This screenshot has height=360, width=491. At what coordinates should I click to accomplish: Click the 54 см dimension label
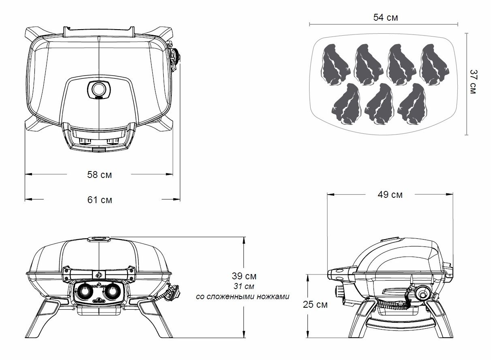(x=385, y=17)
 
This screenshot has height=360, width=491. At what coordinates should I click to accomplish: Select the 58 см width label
(x=99, y=175)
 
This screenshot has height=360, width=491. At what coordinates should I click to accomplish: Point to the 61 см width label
(x=99, y=199)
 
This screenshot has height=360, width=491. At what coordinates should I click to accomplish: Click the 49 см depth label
(x=390, y=195)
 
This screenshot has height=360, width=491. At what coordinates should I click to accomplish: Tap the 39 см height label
(x=244, y=276)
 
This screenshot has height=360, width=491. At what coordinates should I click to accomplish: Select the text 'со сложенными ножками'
(x=242, y=296)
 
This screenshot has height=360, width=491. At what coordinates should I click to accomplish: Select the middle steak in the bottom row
(x=379, y=104)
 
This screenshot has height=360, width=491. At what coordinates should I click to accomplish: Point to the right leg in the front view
(x=156, y=318)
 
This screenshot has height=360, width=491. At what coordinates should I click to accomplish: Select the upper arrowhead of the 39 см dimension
(x=244, y=240)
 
